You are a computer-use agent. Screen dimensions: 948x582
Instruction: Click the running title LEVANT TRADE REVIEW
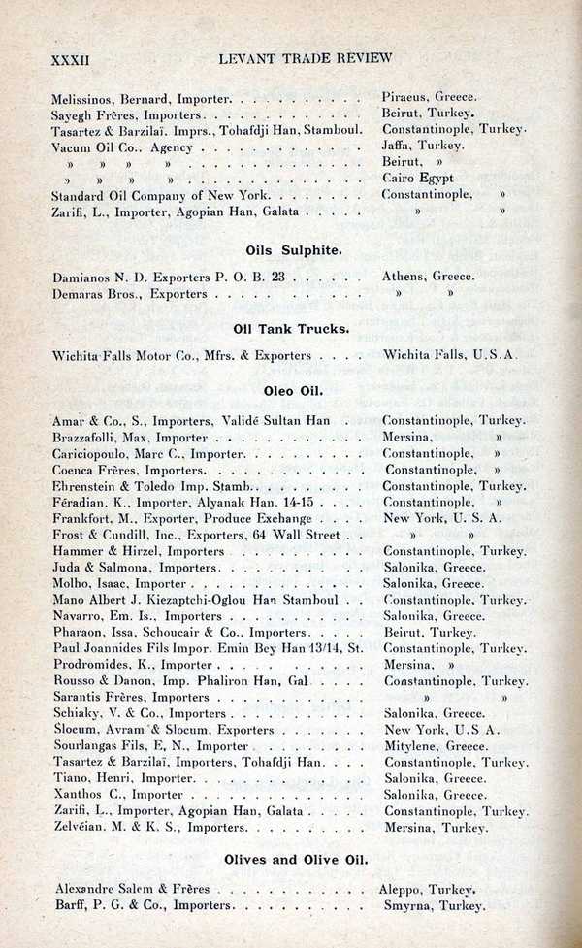click(x=306, y=58)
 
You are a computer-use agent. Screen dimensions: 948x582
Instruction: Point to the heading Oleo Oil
click(x=293, y=393)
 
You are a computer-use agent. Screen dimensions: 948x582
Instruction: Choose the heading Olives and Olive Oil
click(x=296, y=860)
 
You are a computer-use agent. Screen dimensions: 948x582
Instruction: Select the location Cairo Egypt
click(x=418, y=178)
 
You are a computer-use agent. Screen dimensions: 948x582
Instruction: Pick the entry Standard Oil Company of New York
click(x=154, y=194)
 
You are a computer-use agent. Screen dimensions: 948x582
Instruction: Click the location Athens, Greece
click(x=428, y=277)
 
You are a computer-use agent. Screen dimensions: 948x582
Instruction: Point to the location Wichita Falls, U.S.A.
click(x=450, y=356)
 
